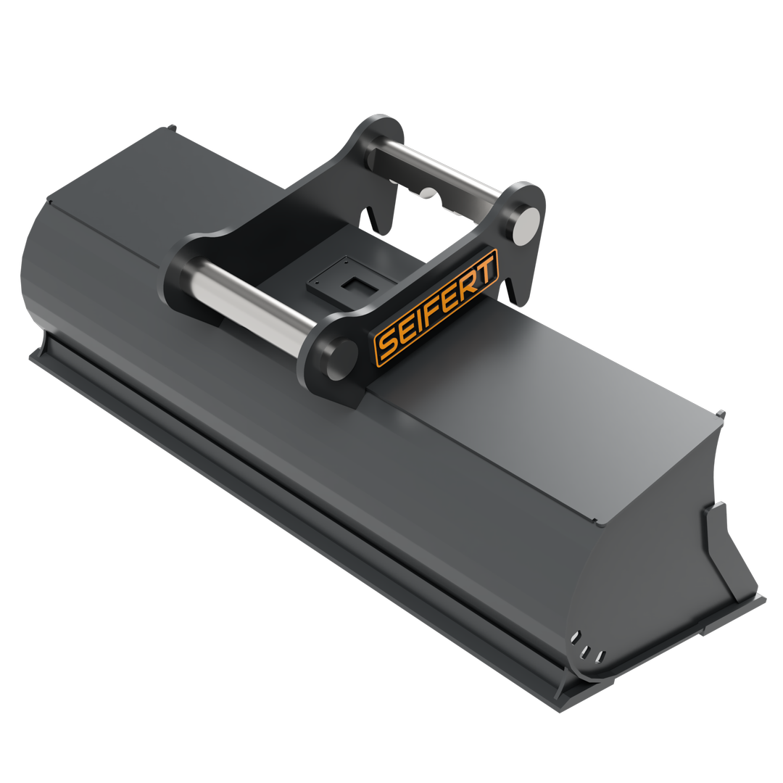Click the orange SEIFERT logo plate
[x=436, y=307]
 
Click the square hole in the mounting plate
[x=354, y=285]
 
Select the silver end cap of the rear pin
[x=527, y=226]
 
